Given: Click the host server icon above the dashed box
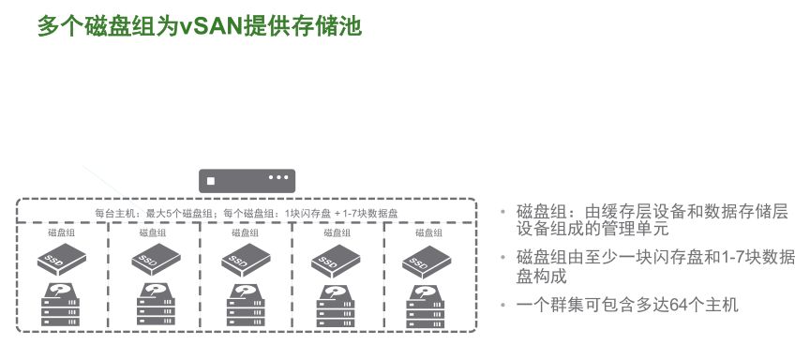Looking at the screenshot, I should [247, 180].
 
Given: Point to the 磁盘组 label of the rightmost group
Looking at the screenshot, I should [427, 232].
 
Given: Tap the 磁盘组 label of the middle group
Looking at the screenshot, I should [246, 232].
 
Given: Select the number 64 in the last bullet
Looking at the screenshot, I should [676, 305].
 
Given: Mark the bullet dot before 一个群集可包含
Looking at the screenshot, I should [504, 305].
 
